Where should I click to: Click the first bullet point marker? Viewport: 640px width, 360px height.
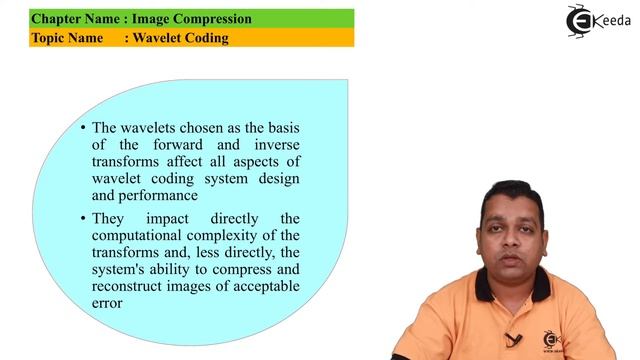[83, 128]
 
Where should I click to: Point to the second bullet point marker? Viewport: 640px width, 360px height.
[83, 218]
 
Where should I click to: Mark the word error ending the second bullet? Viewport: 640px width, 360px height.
[107, 304]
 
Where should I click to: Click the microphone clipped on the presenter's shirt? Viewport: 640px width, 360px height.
[513, 339]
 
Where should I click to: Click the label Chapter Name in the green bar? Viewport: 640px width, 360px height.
[71, 19]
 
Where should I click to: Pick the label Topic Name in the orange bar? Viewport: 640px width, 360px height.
[64, 38]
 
